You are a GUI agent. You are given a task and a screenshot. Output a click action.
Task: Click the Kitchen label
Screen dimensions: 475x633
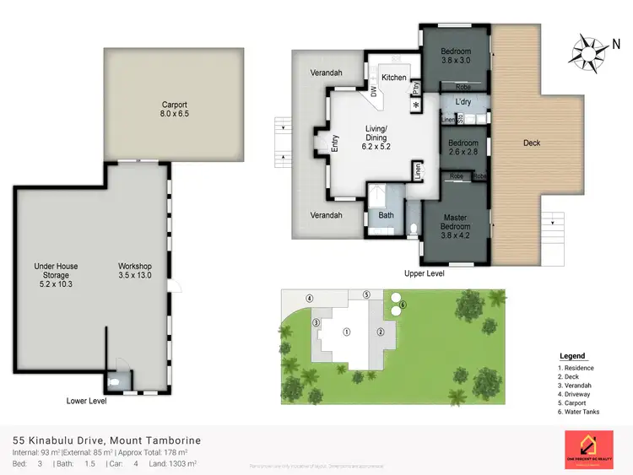393,78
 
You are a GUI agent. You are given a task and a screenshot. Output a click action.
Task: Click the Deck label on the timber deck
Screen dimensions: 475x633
532,143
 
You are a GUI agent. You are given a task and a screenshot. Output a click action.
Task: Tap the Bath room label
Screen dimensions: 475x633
386,215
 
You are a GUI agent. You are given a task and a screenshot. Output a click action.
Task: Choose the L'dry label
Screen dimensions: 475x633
463,102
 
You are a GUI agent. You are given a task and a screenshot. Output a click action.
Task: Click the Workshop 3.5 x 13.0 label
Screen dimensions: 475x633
134,271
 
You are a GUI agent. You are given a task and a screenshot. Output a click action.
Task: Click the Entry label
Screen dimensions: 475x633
334,144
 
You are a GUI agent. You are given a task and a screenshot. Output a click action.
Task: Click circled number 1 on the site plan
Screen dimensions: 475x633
346,332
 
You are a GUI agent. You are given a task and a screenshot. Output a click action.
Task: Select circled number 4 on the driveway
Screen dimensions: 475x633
310,299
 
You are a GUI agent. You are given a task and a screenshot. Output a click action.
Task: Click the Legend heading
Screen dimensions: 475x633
572,356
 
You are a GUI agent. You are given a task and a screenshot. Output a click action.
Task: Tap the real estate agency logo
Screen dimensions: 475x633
587,450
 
